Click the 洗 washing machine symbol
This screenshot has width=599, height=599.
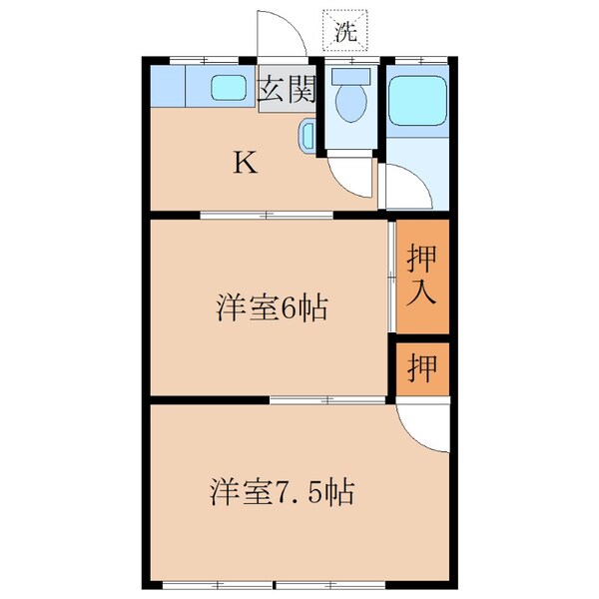point(345,29)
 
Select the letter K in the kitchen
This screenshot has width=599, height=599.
point(245,163)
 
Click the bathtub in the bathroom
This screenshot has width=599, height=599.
point(419,100)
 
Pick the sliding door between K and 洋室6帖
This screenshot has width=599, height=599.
point(265,215)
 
